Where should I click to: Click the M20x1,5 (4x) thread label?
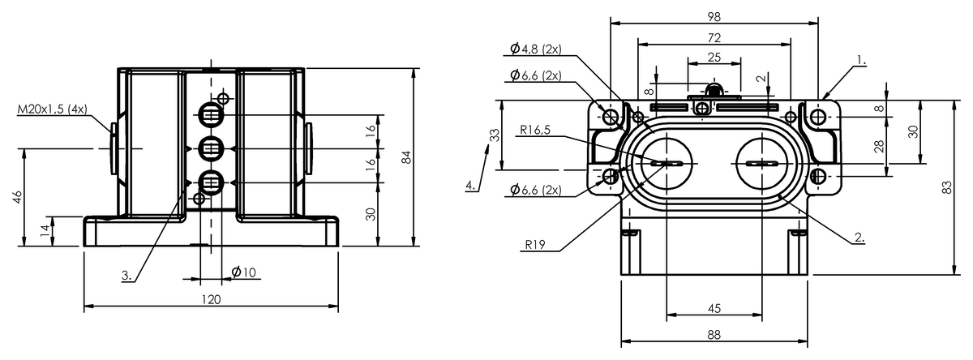click(52, 109)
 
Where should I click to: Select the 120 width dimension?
click(211, 300)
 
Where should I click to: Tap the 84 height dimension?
click(406, 157)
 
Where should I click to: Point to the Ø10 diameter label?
click(244, 272)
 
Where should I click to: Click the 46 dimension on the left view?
click(17, 197)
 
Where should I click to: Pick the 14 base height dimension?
click(45, 230)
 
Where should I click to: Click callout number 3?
click(126, 276)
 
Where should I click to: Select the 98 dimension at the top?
click(714, 17)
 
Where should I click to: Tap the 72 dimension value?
click(714, 38)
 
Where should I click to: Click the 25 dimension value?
click(714, 58)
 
